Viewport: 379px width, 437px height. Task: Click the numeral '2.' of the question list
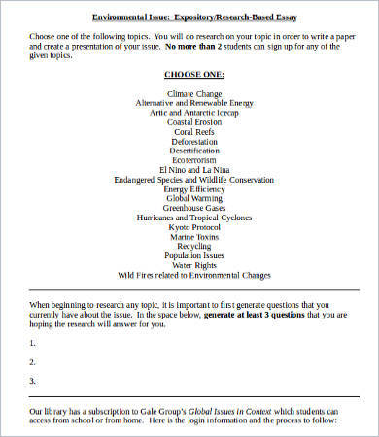(33, 361)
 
